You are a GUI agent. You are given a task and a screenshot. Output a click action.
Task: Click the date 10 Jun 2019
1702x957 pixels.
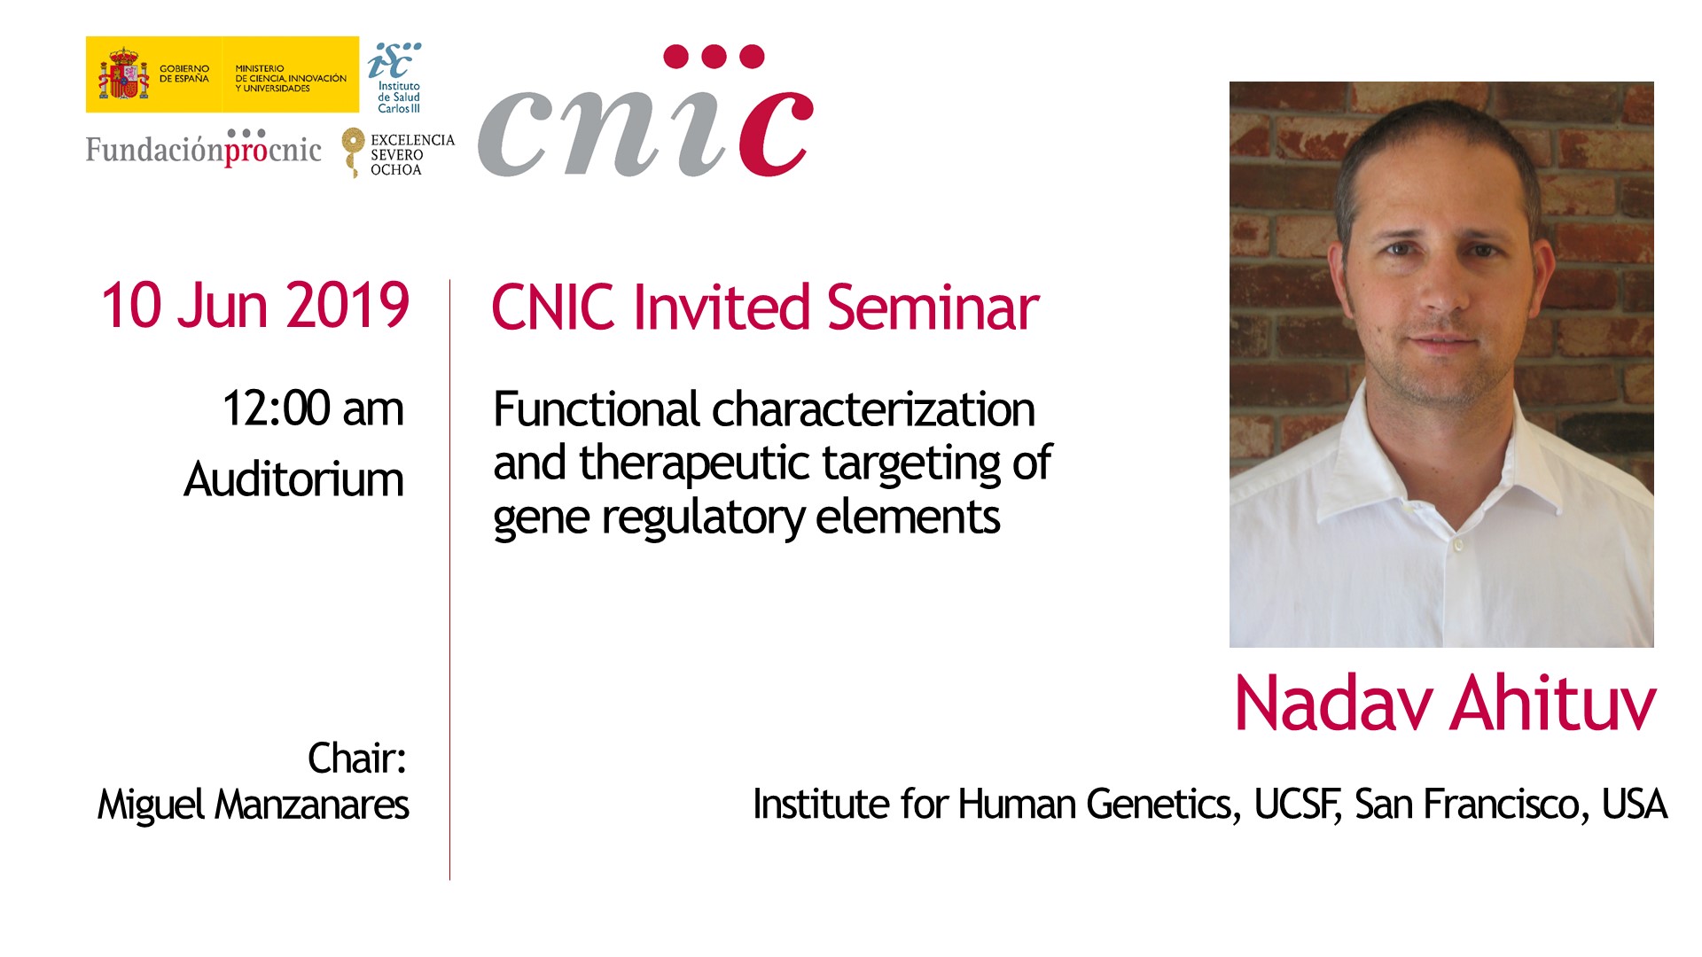255,306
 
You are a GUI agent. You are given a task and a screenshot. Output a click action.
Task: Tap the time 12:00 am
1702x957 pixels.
313,408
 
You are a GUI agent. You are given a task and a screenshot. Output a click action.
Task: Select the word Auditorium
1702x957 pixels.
293,479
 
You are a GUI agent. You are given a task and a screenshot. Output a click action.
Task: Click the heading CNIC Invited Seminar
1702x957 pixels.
765,307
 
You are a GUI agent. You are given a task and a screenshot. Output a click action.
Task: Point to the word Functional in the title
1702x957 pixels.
597,409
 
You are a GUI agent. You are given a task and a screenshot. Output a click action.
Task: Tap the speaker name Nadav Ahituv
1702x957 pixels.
1445,704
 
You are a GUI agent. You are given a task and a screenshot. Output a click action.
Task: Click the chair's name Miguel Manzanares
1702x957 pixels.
254,805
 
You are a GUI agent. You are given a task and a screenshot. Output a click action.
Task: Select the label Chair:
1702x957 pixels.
357,759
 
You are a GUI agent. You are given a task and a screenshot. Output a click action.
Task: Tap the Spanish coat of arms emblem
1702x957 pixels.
123,74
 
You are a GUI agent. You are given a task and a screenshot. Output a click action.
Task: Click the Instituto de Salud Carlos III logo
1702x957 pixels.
395,78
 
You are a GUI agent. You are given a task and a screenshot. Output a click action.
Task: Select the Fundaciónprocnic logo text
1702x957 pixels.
203,149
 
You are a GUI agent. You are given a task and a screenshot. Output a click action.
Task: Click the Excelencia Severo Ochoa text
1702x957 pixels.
412,155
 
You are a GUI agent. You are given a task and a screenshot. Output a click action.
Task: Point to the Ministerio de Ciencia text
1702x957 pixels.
291,78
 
